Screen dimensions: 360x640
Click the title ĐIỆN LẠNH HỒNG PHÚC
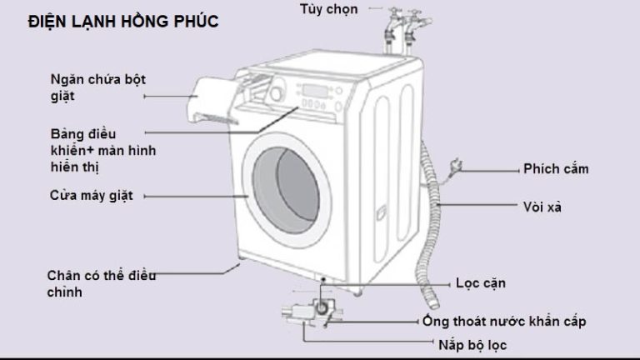pyautogui.click(x=122, y=22)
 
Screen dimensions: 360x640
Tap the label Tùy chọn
pyautogui.click(x=328, y=9)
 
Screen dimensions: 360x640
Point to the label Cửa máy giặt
pyautogui.click(x=91, y=196)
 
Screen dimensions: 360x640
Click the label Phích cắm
pyautogui.click(x=556, y=169)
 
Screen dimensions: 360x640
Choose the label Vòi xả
pyautogui.click(x=542, y=206)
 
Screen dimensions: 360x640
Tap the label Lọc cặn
pyautogui.click(x=481, y=282)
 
